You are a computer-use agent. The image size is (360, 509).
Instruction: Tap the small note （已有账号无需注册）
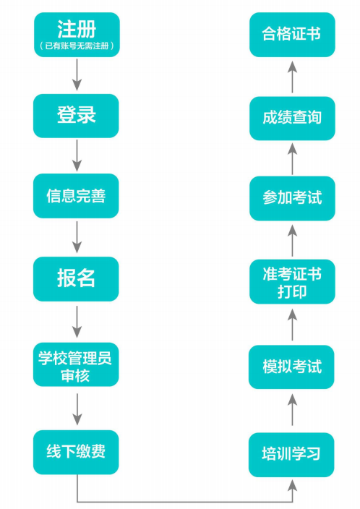(76, 46)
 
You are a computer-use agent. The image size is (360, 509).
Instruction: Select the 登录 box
(76, 115)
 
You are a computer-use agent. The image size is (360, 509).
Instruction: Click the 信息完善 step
(76, 196)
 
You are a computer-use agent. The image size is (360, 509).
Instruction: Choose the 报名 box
(76, 278)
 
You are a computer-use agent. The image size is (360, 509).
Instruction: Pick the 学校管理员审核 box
(76, 366)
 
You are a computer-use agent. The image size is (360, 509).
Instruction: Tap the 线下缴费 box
(76, 451)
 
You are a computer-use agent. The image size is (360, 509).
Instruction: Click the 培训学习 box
(291, 454)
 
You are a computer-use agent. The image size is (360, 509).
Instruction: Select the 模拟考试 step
(291, 367)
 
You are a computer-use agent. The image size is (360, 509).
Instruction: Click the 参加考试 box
(291, 197)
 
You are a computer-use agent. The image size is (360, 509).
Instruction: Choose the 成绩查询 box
(291, 117)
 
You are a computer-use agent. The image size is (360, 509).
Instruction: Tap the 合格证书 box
(291, 34)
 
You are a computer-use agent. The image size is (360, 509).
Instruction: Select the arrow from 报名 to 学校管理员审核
(76, 322)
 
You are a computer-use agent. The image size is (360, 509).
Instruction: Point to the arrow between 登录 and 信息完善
(76, 155)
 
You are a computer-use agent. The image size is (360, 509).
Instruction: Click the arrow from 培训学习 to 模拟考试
(291, 411)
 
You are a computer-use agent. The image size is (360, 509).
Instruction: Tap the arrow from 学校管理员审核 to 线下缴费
(76, 409)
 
